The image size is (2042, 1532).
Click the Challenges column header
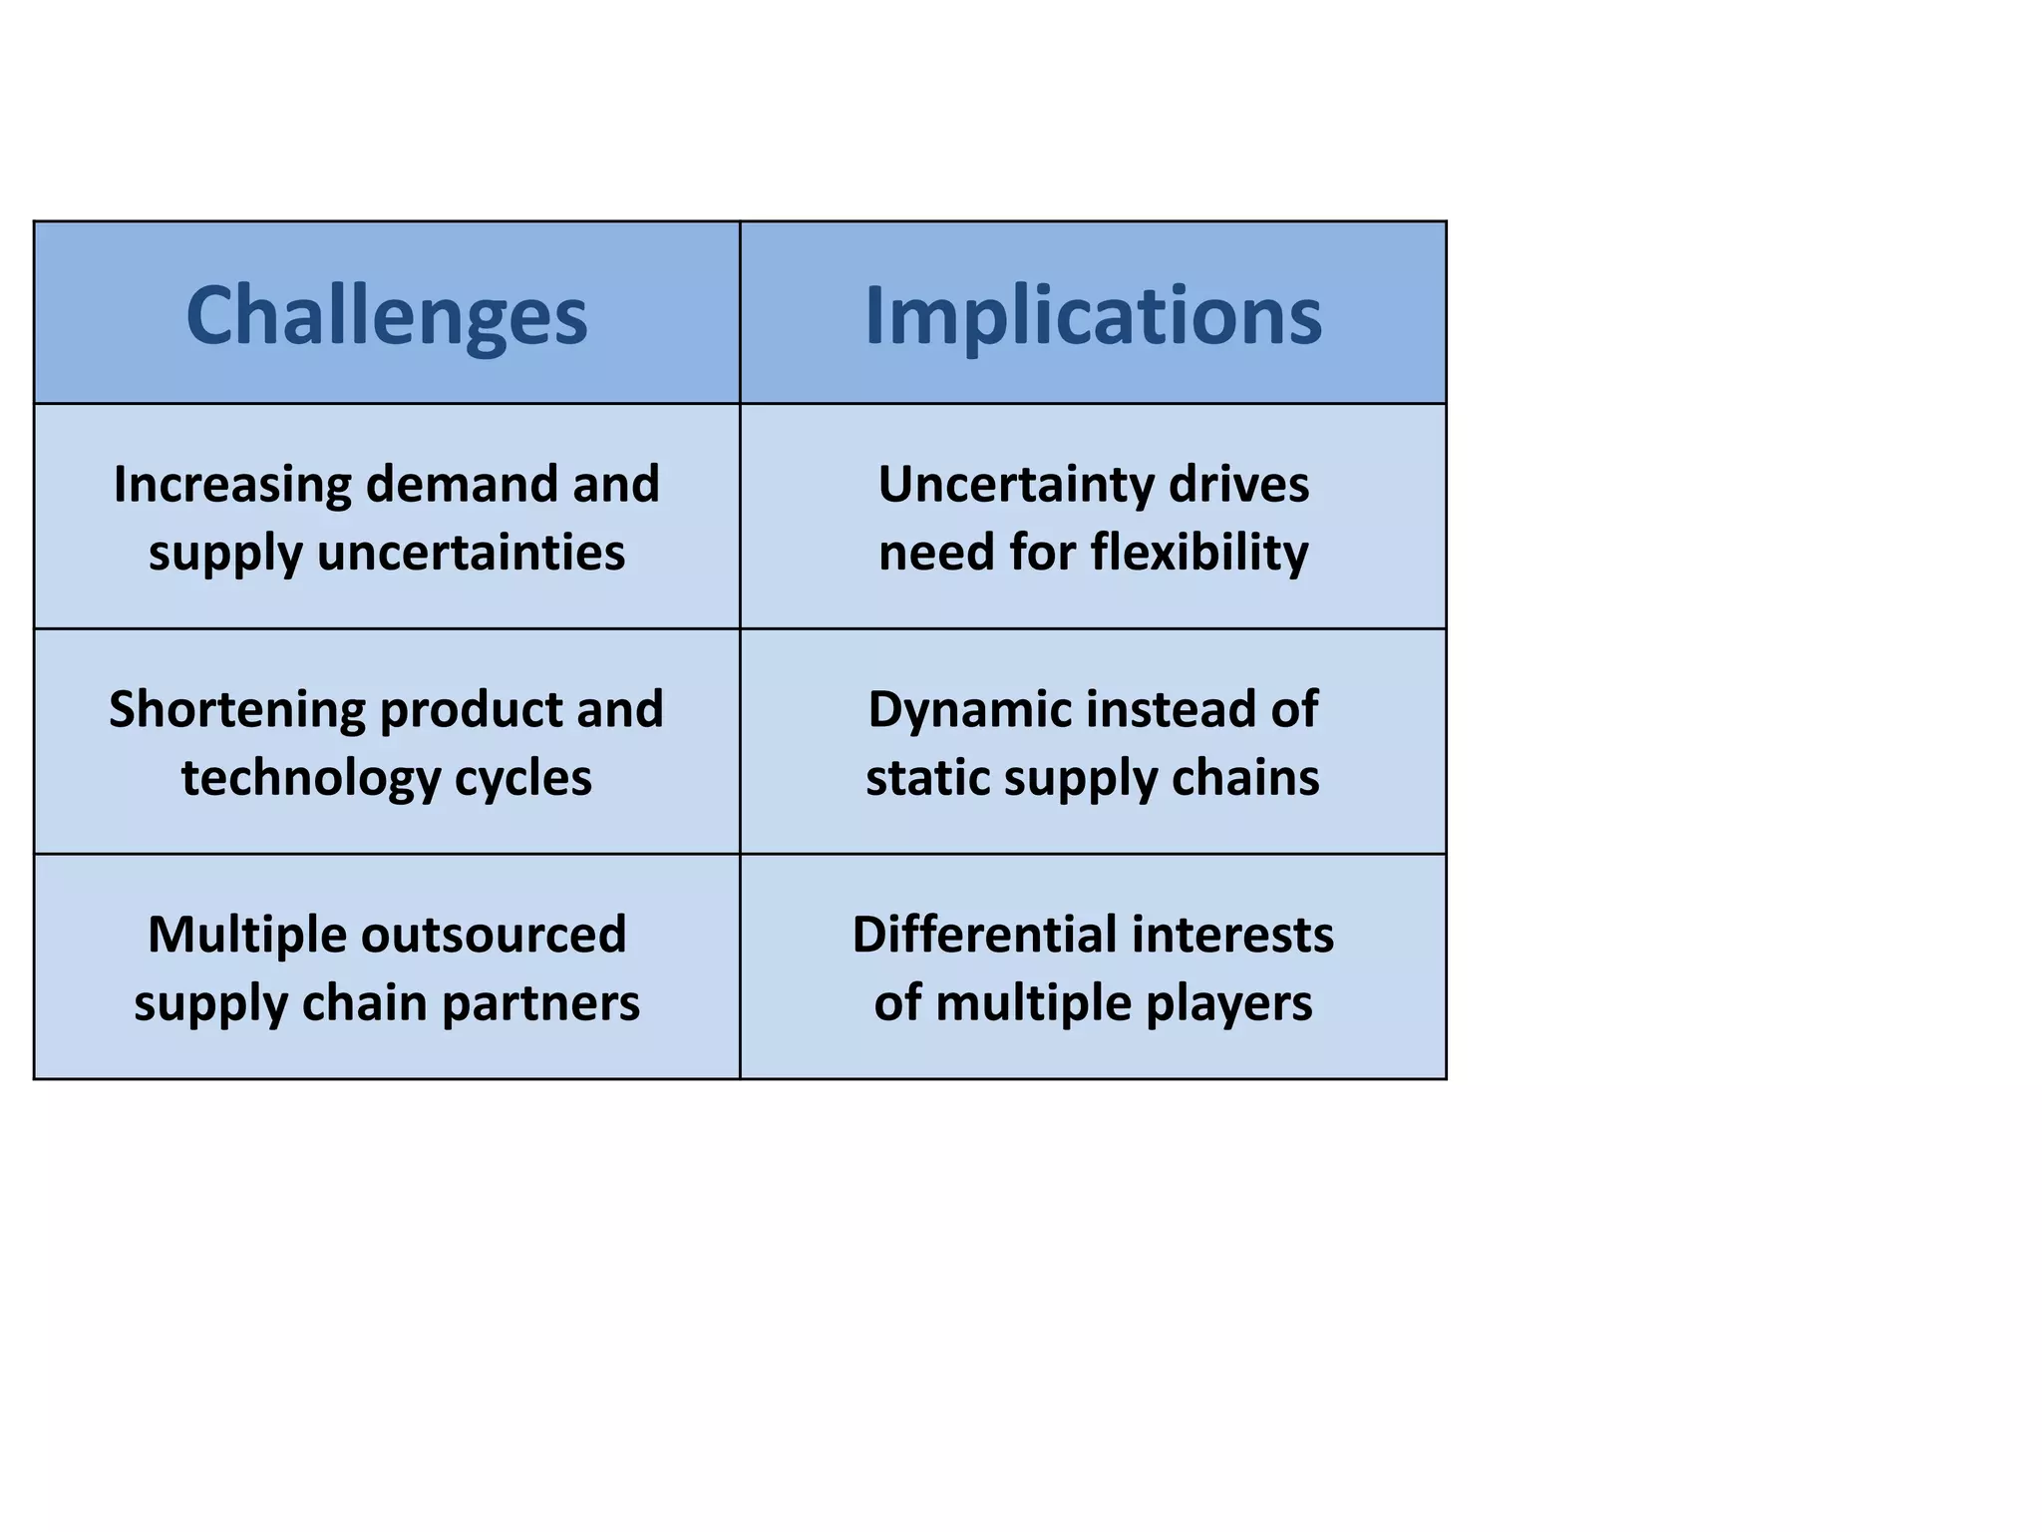[387, 315]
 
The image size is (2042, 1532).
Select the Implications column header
[1093, 315]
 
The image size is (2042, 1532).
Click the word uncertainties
[471, 553]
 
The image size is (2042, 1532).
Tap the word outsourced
[493, 936]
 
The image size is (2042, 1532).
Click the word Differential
[984, 936]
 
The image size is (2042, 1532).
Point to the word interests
[1232, 936]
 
